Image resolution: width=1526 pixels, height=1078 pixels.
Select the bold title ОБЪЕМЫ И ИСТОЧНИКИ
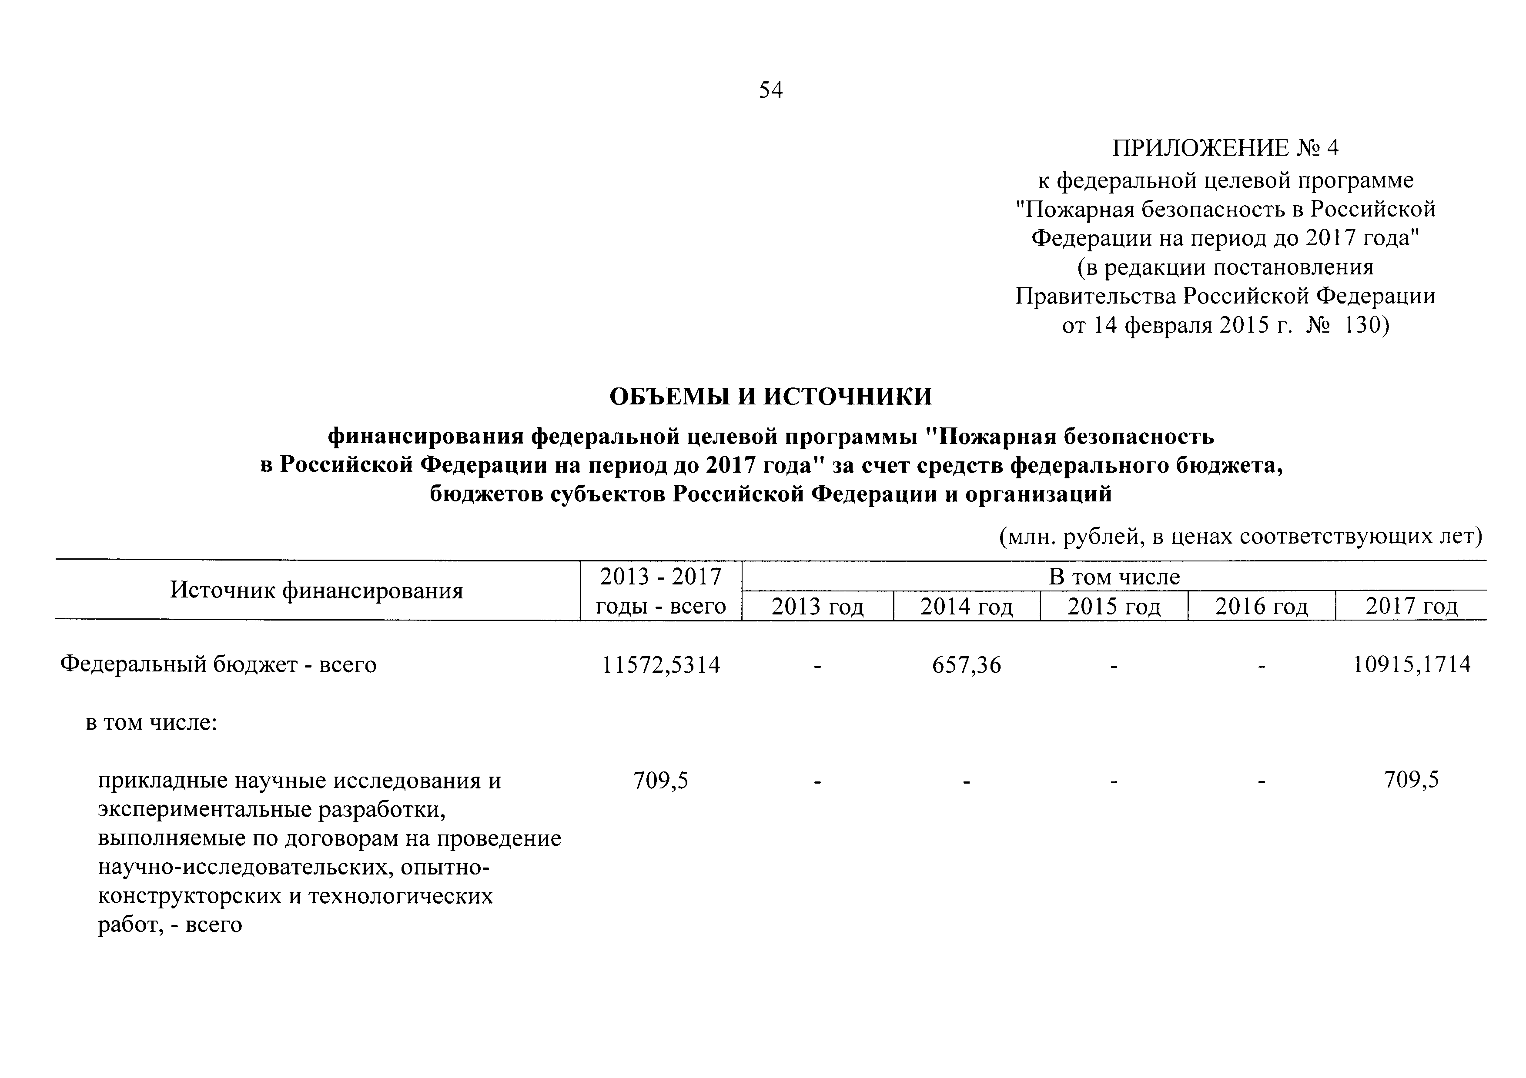click(771, 397)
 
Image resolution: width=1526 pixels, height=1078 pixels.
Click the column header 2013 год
click(817, 607)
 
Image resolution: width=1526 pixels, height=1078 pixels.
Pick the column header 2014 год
click(967, 607)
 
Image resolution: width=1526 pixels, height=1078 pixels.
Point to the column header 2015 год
click(1114, 607)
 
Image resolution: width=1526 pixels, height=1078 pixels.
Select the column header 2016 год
click(1262, 607)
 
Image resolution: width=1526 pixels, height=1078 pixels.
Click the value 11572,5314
click(661, 665)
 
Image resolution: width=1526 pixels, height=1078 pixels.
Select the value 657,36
click(967, 665)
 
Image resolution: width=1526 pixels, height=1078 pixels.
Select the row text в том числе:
click(151, 723)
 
